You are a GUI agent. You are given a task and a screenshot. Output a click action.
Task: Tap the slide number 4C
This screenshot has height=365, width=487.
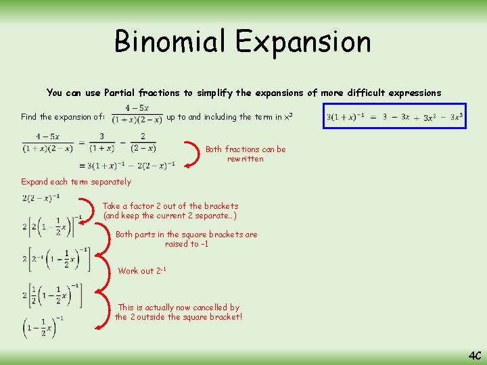point(473,354)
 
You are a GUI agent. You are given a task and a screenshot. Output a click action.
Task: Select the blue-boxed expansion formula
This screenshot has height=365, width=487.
point(394,116)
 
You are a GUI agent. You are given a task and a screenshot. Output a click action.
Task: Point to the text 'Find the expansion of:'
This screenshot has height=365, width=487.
point(63,117)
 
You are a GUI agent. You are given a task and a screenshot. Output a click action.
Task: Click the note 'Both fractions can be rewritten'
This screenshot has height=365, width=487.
point(246,154)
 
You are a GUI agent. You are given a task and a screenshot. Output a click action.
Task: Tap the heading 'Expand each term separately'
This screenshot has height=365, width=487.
point(76,182)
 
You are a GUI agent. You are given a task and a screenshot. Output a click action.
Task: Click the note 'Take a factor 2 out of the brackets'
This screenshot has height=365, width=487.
point(170,210)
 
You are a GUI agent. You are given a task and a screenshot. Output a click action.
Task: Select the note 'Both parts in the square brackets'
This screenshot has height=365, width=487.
point(186,239)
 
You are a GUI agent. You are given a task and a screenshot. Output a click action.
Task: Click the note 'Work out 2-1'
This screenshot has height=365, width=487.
point(142,271)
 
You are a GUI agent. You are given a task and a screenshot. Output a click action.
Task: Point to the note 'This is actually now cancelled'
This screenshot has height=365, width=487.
point(178,312)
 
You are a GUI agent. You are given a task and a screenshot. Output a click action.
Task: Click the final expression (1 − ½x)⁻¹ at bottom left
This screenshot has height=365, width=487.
point(43,326)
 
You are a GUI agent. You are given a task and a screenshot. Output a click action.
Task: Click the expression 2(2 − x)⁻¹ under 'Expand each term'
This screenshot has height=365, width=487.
point(41,197)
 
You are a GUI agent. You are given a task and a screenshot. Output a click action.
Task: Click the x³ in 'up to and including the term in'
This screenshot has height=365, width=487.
point(287,116)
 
